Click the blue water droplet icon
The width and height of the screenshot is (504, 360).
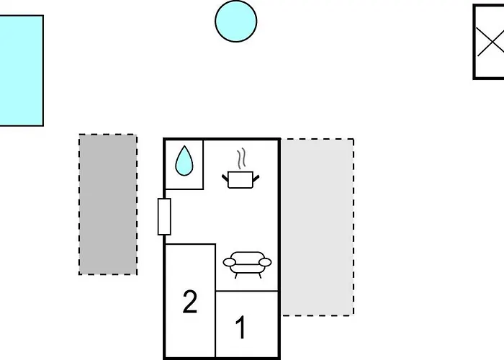pos(184,161)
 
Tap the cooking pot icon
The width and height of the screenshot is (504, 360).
pos(240,180)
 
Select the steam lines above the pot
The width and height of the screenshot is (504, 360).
pos(241,158)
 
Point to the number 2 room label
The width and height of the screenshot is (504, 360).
pos(189,301)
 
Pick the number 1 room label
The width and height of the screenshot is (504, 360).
pos(240,327)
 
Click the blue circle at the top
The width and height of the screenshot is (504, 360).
pos(236,21)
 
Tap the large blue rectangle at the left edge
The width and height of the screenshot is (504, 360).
pos(21,71)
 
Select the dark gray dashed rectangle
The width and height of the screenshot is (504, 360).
pos(108,204)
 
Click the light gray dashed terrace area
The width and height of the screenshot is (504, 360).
pos(318,228)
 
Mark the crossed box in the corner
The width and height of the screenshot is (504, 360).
pos(489,42)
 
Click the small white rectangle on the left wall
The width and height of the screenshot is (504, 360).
pos(164,217)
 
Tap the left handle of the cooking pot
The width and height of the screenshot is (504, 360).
pos(225,178)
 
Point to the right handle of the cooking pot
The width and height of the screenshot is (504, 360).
pos(256,179)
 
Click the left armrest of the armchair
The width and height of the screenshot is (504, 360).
pos(229,262)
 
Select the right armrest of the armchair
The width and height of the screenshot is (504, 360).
pos(265,262)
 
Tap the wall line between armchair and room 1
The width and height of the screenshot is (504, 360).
pos(247,291)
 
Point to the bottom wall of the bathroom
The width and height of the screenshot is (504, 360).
pos(184,189)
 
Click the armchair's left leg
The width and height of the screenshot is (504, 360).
pos(236,276)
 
